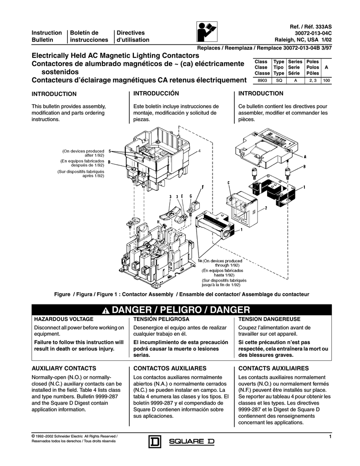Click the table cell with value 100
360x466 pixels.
coord(326,80)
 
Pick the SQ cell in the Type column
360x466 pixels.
coord(279,80)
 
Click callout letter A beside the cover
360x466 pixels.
coord(305,156)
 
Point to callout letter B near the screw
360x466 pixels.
coord(304,167)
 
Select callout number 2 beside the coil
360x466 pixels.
coord(265,208)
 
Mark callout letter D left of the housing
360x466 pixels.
coord(109,162)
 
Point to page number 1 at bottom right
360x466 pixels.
coord(328,437)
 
